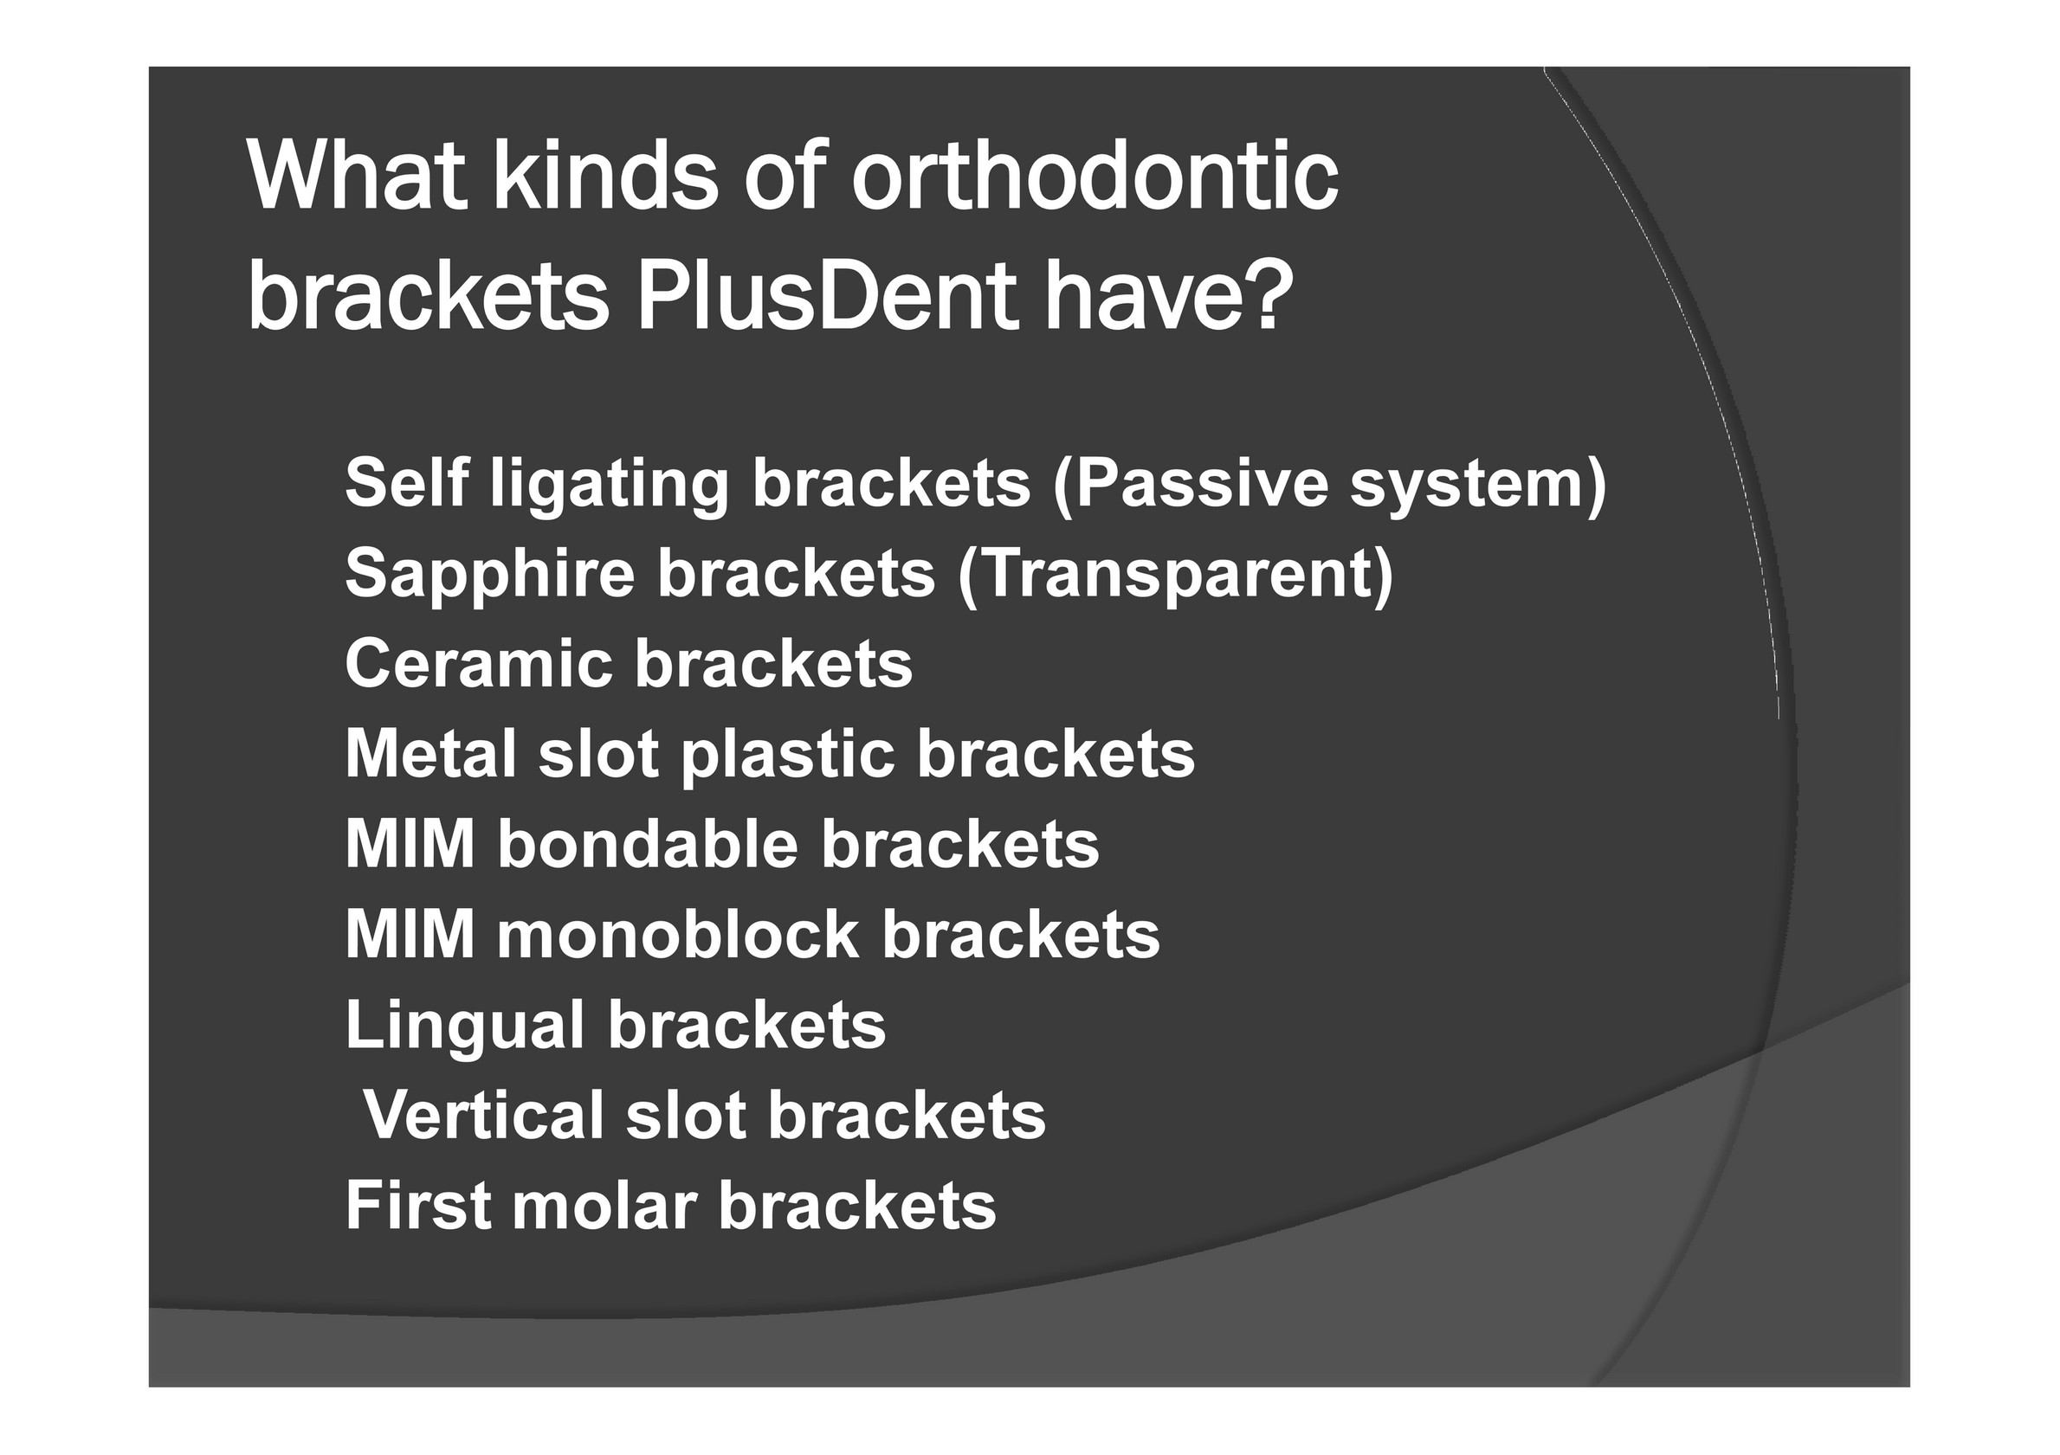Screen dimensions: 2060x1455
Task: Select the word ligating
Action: pos(610,486)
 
